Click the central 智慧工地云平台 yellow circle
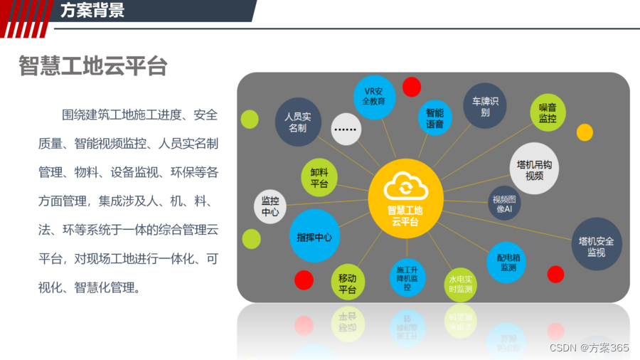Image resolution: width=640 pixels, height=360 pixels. click(406, 198)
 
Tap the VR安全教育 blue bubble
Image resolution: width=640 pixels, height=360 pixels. click(374, 97)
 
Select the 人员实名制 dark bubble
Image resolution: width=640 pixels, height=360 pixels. click(299, 122)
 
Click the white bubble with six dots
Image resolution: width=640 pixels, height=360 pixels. click(346, 129)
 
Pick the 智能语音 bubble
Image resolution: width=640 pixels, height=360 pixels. click(434, 118)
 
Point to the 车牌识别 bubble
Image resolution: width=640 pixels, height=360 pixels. click(485, 106)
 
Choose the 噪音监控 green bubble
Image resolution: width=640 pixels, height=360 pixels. click(548, 112)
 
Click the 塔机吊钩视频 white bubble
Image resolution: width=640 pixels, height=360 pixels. click(534, 169)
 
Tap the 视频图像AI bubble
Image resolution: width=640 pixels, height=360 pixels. click(504, 203)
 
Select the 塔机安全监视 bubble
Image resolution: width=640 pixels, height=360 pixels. click(597, 244)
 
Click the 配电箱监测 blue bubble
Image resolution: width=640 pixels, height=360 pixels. click(506, 263)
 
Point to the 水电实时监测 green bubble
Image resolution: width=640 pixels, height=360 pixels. click(460, 285)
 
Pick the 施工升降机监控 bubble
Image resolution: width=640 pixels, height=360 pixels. click(407, 278)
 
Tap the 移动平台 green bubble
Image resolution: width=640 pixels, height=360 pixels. click(347, 282)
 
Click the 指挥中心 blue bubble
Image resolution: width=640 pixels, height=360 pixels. click(314, 235)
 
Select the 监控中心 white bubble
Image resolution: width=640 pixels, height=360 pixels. click(270, 206)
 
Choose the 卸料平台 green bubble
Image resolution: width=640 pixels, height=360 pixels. click(319, 178)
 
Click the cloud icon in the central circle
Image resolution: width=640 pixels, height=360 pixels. click(406, 186)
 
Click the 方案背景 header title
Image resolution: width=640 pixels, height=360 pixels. click(92, 10)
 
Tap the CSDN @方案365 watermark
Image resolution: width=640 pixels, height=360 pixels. click(589, 348)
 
